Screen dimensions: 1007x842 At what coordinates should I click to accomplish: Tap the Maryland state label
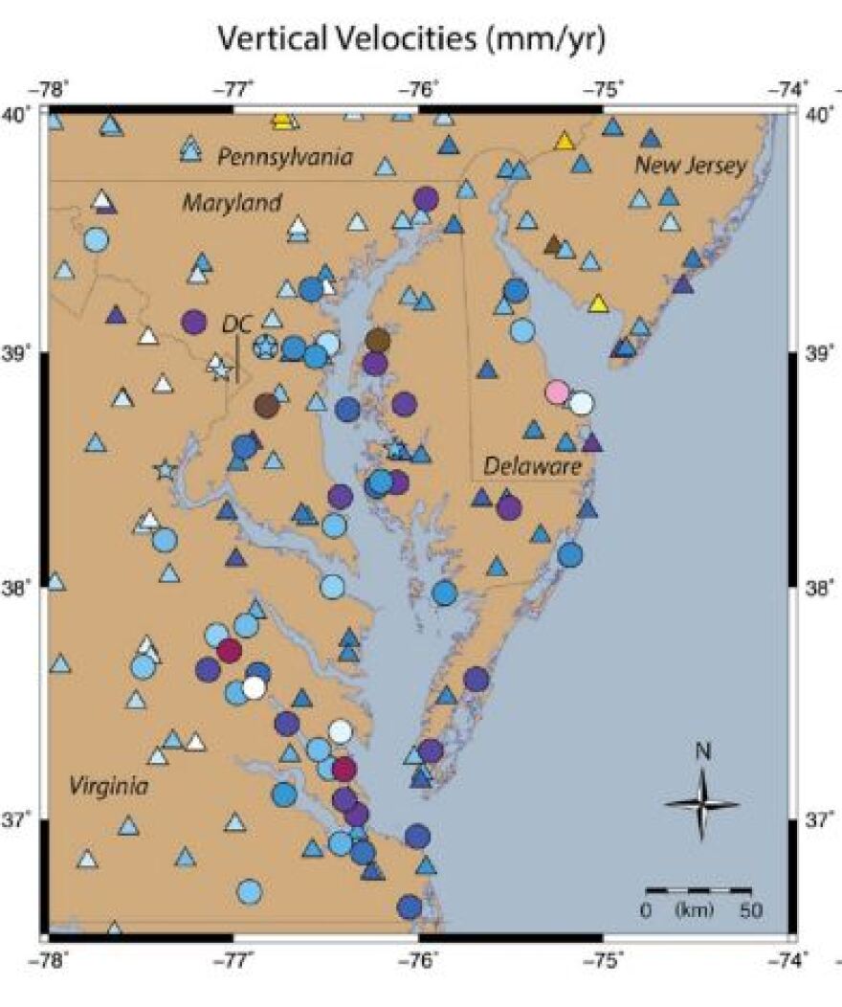[x=233, y=203]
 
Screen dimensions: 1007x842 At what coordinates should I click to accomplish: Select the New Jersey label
[x=691, y=166]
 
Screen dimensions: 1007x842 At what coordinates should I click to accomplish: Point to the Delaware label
[x=532, y=466]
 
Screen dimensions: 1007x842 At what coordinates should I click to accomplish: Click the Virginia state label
[x=109, y=787]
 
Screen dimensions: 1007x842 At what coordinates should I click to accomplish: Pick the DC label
[x=236, y=324]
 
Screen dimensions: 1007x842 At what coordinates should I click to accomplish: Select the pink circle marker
[x=557, y=392]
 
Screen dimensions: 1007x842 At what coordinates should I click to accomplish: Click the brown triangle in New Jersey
[x=553, y=244]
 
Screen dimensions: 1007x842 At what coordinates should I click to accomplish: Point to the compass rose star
[x=701, y=805]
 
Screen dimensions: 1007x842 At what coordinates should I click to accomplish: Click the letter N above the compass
[x=702, y=752]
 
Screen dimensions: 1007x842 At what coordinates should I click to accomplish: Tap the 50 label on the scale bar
[x=750, y=909]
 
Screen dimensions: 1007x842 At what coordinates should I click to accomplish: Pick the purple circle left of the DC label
[x=194, y=322]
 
